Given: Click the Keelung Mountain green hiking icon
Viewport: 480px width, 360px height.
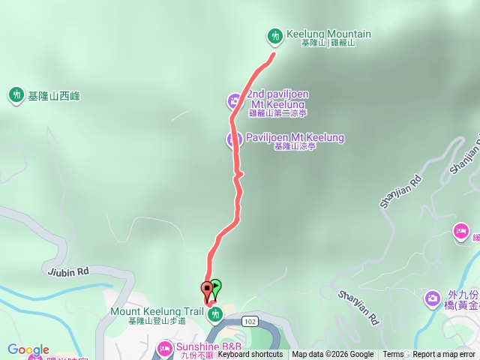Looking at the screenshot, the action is [275, 35].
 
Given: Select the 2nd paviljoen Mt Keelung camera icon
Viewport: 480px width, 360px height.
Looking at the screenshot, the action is [235, 100].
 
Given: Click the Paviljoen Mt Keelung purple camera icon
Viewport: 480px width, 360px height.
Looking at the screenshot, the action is [235, 139].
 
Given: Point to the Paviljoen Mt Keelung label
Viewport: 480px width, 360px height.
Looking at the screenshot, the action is [295, 138].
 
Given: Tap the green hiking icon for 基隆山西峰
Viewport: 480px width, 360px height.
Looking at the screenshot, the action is [16, 95].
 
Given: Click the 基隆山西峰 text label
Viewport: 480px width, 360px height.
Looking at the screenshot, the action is [53, 96].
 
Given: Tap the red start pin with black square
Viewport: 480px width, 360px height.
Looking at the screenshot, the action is [207, 289].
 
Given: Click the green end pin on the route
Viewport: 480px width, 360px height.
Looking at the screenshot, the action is [216, 286].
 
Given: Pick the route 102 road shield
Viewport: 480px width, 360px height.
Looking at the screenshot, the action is [250, 300].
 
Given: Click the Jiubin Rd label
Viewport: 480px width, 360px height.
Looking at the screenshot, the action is [67, 271].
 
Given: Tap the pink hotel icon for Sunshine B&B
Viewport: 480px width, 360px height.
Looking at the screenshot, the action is [165, 347].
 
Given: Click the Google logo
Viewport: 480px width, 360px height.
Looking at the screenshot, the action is [28, 349].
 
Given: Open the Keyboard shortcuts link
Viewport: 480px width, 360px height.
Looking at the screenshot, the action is [250, 355].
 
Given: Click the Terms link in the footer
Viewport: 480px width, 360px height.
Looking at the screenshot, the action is [393, 355].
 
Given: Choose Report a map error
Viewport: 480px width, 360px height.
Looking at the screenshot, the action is [444, 355].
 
